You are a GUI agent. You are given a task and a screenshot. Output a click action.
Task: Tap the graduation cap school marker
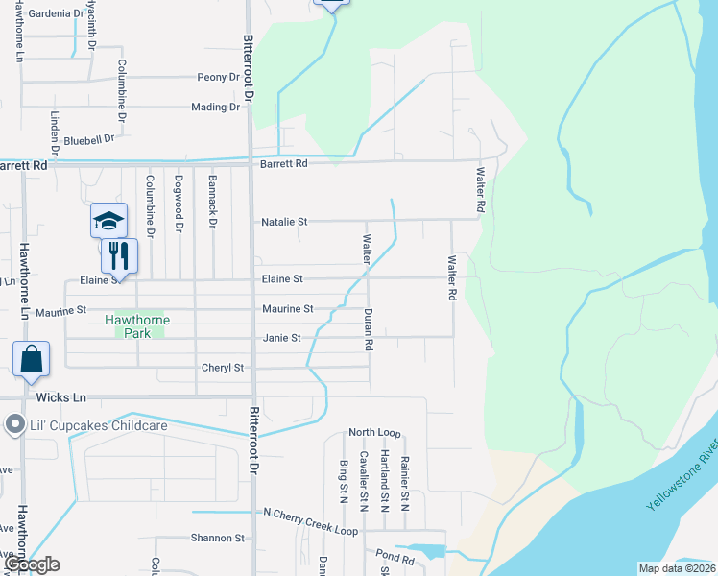(x=108, y=221)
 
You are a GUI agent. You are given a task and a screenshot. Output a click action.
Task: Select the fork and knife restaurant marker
(x=119, y=255)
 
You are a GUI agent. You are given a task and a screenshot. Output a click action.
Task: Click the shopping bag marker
(x=32, y=359)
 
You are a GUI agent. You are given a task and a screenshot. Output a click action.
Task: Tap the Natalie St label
(x=284, y=222)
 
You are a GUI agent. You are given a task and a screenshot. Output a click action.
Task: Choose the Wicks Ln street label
(x=60, y=396)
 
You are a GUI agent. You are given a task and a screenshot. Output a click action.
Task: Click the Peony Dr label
(x=217, y=77)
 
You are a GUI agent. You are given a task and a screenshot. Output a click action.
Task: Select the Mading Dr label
(x=215, y=108)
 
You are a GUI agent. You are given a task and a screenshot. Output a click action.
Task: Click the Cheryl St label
(x=223, y=368)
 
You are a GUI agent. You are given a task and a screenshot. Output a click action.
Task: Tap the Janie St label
(x=282, y=338)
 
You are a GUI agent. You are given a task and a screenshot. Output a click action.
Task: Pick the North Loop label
(x=374, y=433)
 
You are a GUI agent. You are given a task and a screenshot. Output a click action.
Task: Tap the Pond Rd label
(x=395, y=556)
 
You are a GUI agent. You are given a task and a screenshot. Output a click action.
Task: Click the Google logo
(x=31, y=564)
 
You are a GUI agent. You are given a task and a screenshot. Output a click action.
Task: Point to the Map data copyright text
(x=676, y=568)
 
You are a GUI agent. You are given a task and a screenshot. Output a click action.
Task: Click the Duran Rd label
(x=367, y=328)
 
